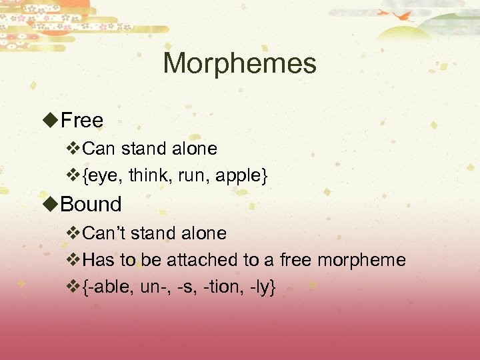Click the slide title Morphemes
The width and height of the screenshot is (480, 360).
(x=239, y=64)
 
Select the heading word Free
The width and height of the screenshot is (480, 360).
(x=81, y=121)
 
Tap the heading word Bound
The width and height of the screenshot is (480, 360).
(x=91, y=204)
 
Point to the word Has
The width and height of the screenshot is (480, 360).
(x=99, y=260)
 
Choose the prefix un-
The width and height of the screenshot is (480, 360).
(x=155, y=288)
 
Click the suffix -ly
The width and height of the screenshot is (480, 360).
(x=260, y=288)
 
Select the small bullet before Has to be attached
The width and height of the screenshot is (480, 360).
(x=73, y=260)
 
